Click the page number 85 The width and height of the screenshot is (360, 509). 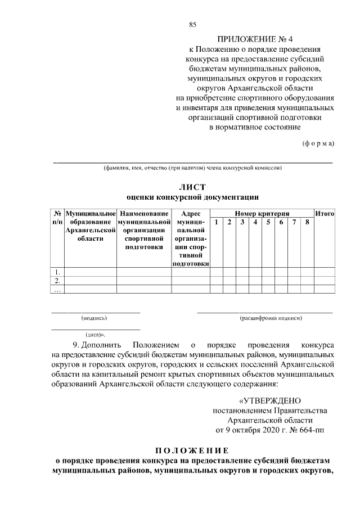pyautogui.click(x=192, y=24)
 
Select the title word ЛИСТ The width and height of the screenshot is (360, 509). pyautogui.click(x=192, y=186)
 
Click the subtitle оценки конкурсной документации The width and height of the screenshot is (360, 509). pyautogui.click(x=192, y=197)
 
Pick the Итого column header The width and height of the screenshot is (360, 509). pyautogui.click(x=325, y=214)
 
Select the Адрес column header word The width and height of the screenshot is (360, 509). pyautogui.click(x=191, y=214)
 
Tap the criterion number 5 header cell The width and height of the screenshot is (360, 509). pyautogui.click(x=268, y=223)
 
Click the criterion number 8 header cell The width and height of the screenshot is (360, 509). pyautogui.click(x=307, y=223)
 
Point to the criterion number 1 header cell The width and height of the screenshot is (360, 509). pyautogui.click(x=217, y=223)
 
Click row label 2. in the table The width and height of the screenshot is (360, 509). pyautogui.click(x=57, y=281)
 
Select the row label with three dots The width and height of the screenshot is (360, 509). pyautogui.click(x=57, y=289)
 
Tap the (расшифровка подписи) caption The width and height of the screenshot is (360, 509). pyautogui.click(x=271, y=318)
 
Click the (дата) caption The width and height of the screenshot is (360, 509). pyautogui.click(x=96, y=334)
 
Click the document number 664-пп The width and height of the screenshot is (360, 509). pyautogui.click(x=308, y=431)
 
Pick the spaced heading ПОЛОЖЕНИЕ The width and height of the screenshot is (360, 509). pyautogui.click(x=192, y=451)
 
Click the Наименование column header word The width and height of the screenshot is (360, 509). pyautogui.click(x=144, y=214)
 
